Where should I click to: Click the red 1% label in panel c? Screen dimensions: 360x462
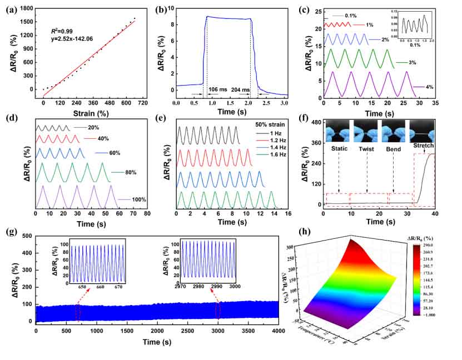point(370,25)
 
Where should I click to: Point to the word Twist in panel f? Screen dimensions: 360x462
point(367,149)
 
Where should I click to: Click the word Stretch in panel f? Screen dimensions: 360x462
point(423,146)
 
